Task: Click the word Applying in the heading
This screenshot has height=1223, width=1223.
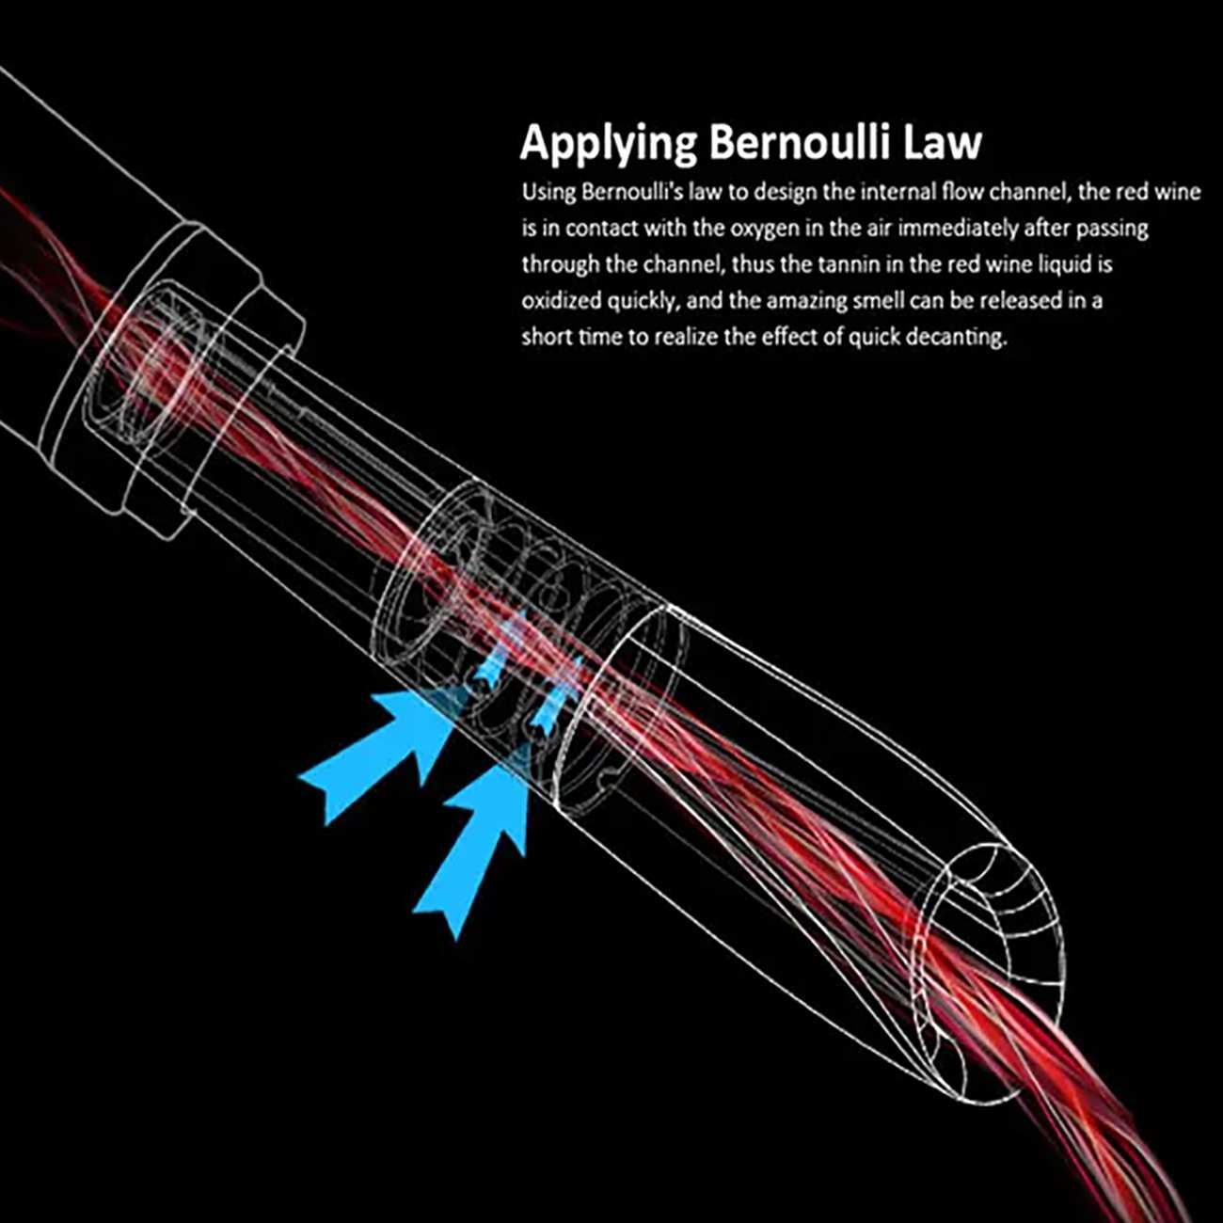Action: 608,144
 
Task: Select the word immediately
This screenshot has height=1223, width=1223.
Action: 961,229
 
